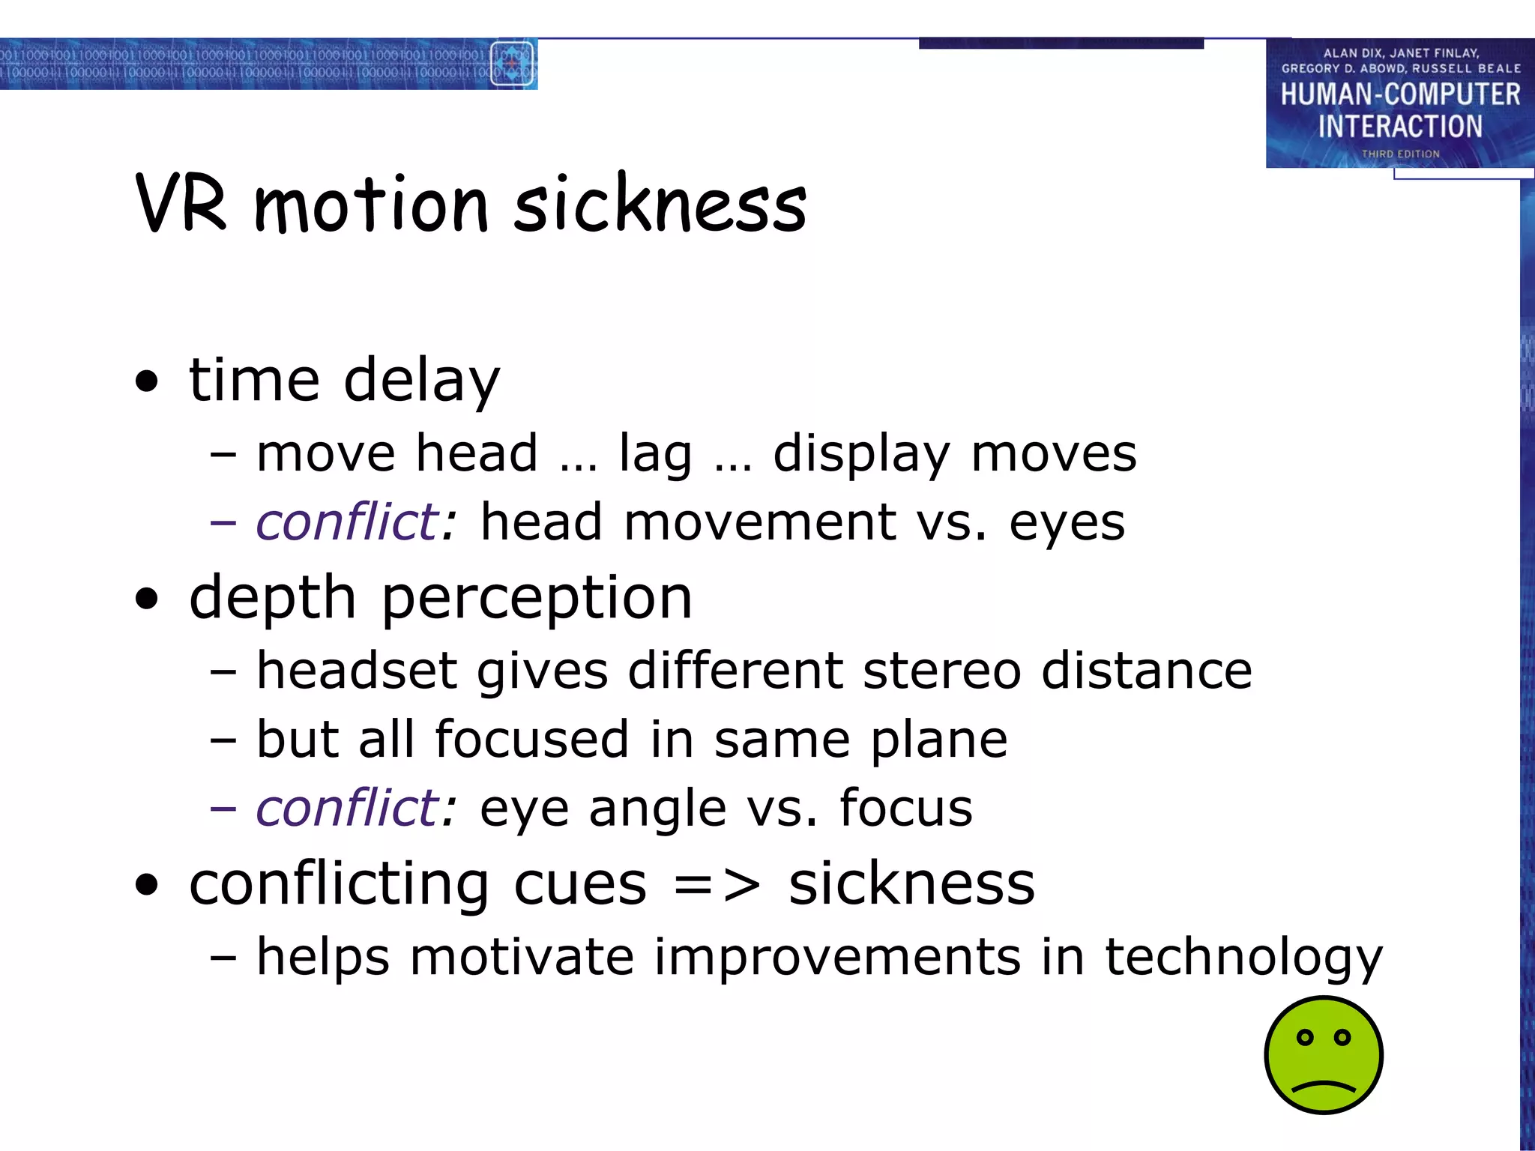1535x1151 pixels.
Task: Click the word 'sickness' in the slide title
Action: [x=660, y=205]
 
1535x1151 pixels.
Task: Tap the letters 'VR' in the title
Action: [x=181, y=205]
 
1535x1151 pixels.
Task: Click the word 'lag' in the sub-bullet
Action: [x=654, y=455]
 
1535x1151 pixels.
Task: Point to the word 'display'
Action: [x=861, y=455]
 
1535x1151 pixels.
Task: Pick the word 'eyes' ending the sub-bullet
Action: [x=1067, y=524]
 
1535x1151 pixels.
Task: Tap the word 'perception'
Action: [x=537, y=599]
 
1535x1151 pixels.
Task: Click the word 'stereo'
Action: [x=941, y=670]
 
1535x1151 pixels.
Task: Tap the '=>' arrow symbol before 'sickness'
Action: [x=717, y=885]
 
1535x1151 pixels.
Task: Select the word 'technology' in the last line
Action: [x=1243, y=958]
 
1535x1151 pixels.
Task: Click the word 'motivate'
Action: [x=522, y=957]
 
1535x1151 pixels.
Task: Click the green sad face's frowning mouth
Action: [x=1324, y=1085]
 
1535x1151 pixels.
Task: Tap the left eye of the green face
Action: [x=1305, y=1038]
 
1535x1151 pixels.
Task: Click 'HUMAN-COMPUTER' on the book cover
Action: [x=1400, y=94]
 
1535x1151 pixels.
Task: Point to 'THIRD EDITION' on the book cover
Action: [x=1400, y=154]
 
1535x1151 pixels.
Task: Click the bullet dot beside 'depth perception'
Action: [x=148, y=599]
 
